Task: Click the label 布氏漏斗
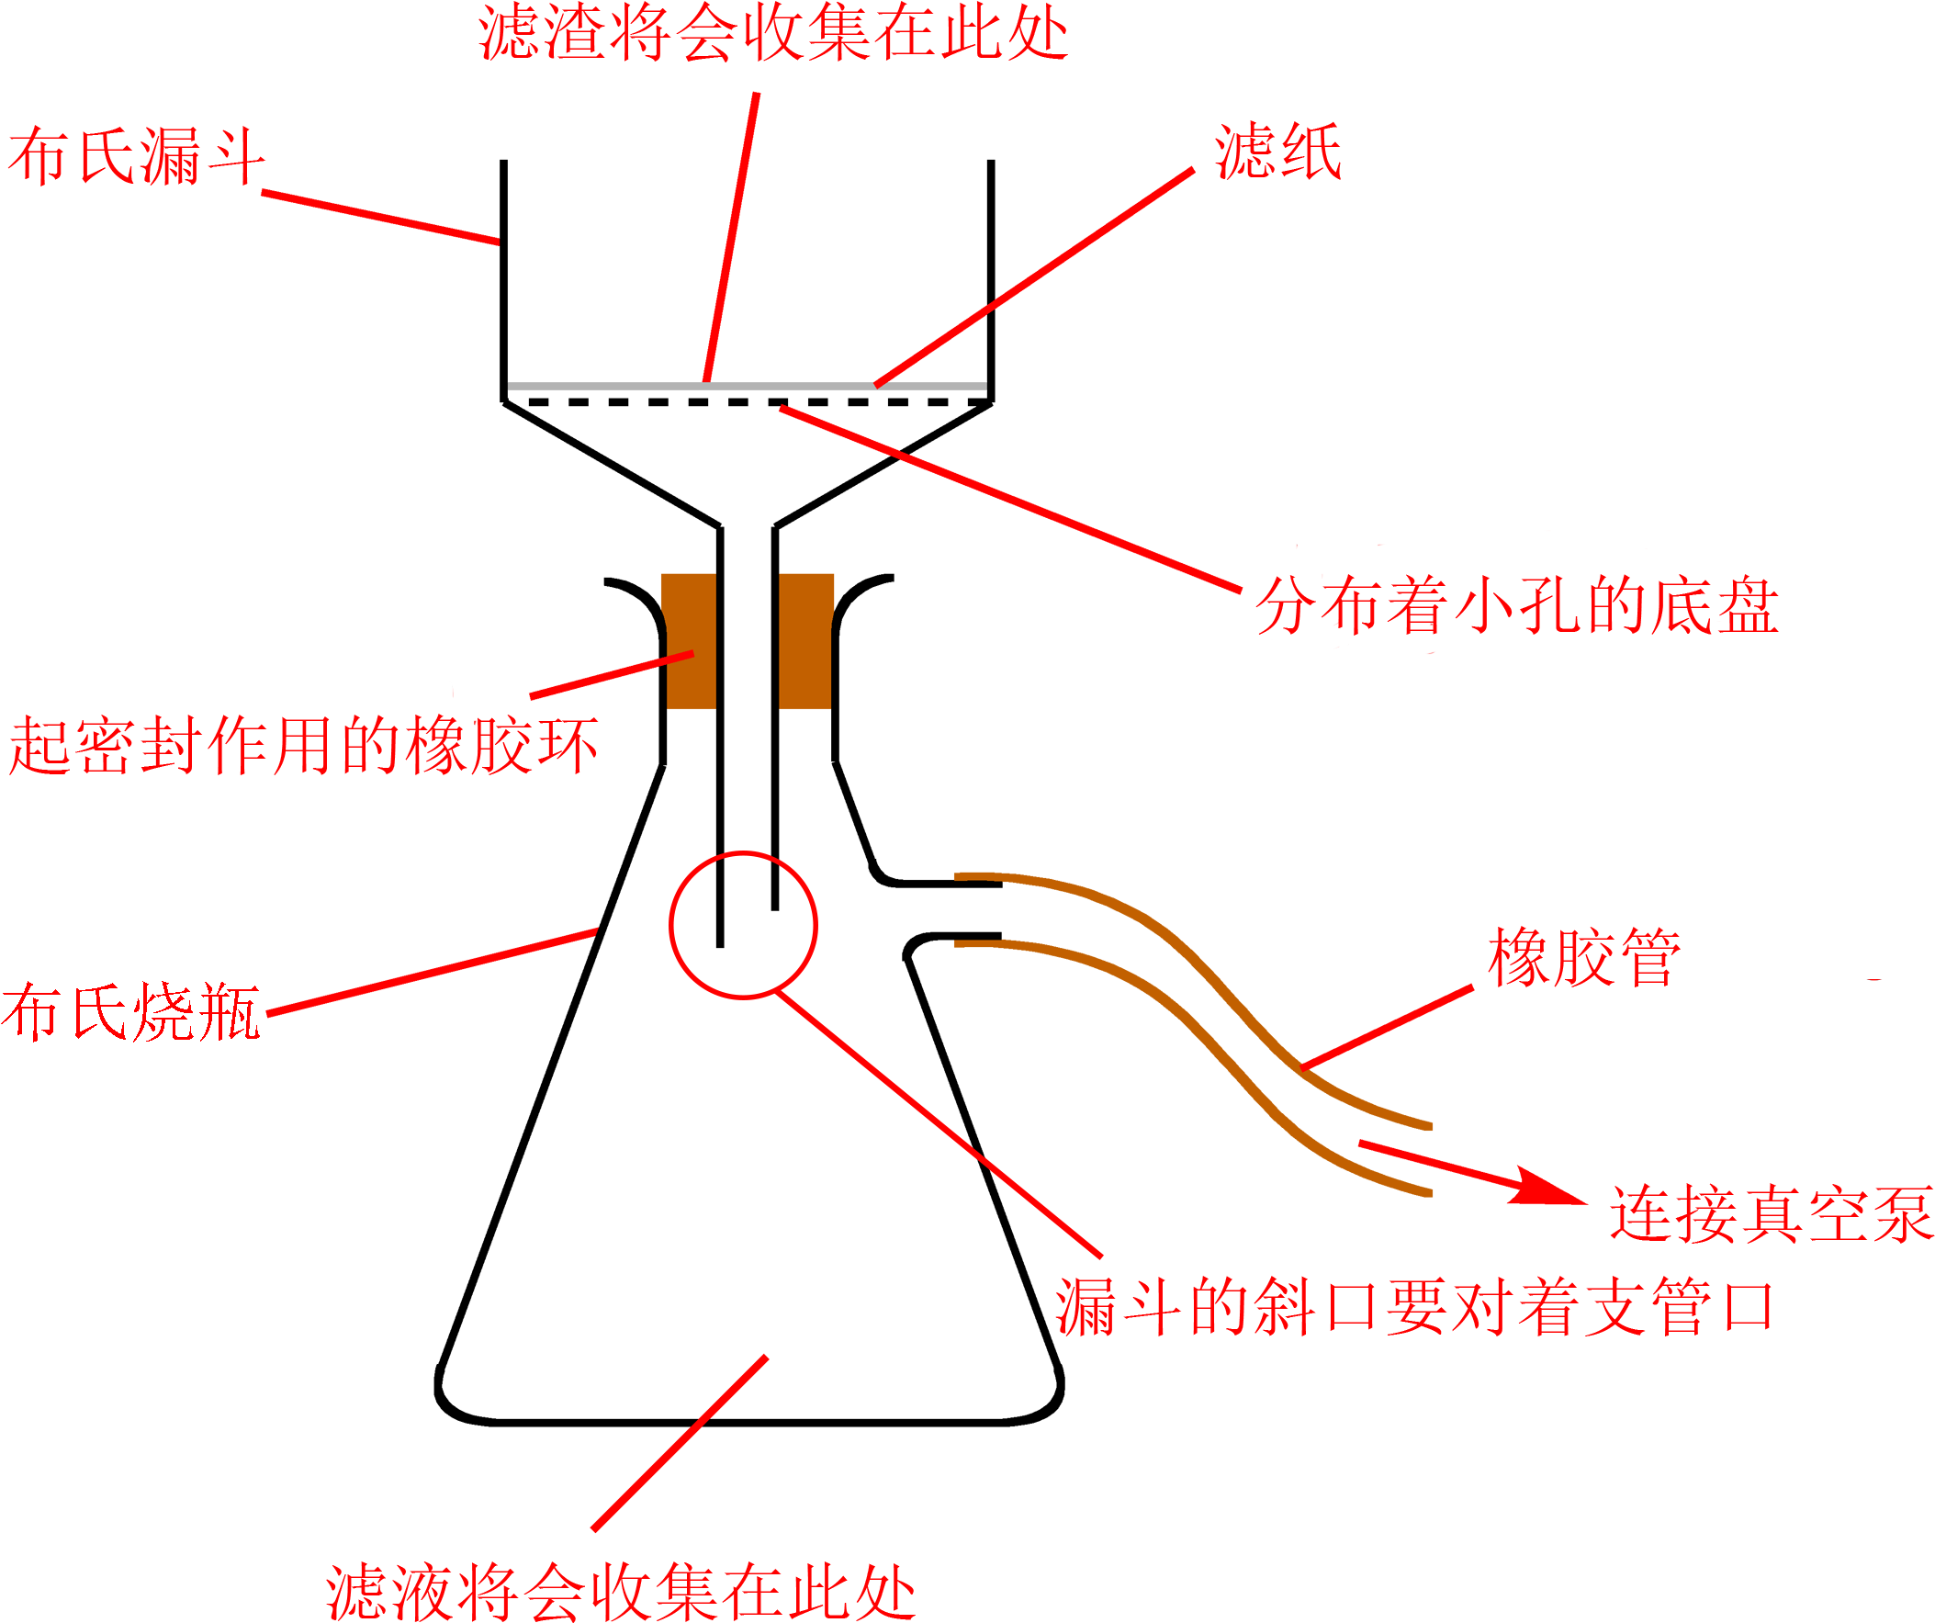click(136, 156)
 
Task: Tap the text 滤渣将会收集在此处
click(773, 34)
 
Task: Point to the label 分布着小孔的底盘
click(1516, 605)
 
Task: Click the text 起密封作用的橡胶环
click(303, 745)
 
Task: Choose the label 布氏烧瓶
click(131, 1012)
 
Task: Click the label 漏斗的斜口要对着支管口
click(1414, 1308)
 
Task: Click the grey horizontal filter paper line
click(599, 386)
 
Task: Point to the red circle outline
click(670, 924)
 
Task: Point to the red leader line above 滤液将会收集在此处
click(679, 1442)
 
